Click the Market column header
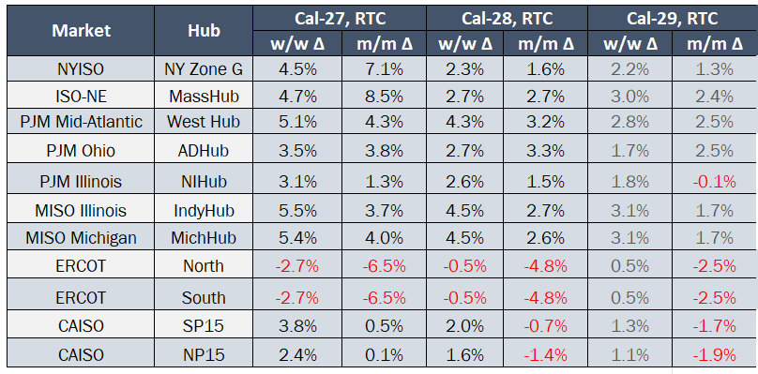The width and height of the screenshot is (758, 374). [x=82, y=30]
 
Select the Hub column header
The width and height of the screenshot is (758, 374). [x=204, y=30]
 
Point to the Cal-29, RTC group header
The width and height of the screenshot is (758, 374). [x=672, y=19]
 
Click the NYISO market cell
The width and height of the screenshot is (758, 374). [x=82, y=69]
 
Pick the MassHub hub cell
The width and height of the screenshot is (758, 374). [x=204, y=97]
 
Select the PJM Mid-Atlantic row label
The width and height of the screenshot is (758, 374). [x=82, y=121]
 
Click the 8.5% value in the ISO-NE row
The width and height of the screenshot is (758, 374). [x=384, y=97]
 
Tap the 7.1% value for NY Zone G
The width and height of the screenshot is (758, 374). [x=384, y=69]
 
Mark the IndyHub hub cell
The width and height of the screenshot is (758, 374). [x=204, y=211]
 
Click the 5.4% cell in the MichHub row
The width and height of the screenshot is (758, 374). [x=296, y=238]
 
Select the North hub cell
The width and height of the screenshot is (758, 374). [x=204, y=266]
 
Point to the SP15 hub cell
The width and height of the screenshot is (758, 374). [x=204, y=325]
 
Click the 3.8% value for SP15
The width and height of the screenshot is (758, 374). [x=296, y=325]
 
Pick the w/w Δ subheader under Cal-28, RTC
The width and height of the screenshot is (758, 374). [x=465, y=44]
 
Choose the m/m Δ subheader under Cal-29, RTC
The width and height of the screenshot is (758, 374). [x=715, y=44]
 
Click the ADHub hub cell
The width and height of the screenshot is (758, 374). [x=204, y=151]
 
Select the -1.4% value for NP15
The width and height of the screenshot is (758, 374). [x=545, y=355]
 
